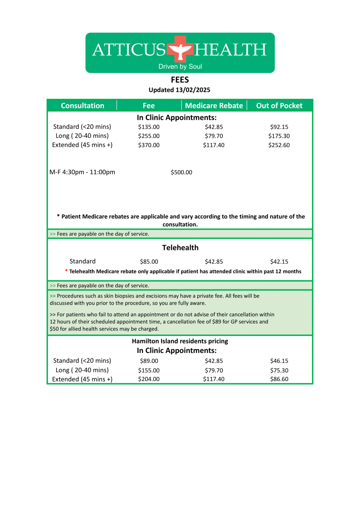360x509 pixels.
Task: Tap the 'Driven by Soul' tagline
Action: (x=180, y=67)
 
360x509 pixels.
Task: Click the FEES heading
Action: (x=180, y=80)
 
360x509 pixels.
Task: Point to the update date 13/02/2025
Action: (x=193, y=90)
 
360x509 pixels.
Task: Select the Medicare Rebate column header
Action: (x=214, y=106)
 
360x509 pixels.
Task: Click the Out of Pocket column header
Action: (x=279, y=106)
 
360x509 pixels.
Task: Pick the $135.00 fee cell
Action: (x=149, y=127)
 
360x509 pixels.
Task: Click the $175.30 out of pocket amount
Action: (x=279, y=136)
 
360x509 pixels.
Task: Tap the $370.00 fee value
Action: (x=149, y=145)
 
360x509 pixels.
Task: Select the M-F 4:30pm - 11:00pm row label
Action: (x=82, y=172)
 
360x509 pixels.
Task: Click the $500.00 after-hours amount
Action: (x=181, y=172)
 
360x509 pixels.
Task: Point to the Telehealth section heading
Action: (x=180, y=248)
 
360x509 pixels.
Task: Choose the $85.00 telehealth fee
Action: (x=149, y=262)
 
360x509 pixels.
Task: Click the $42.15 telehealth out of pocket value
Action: (x=279, y=262)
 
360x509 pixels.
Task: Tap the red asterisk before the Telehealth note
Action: (x=67, y=271)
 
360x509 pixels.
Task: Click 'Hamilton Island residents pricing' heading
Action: (x=180, y=341)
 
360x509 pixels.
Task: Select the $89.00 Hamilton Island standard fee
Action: (x=149, y=361)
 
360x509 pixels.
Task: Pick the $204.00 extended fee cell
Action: (x=149, y=379)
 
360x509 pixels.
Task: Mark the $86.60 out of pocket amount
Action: (x=279, y=379)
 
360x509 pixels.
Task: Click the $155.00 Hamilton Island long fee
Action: (x=149, y=370)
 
